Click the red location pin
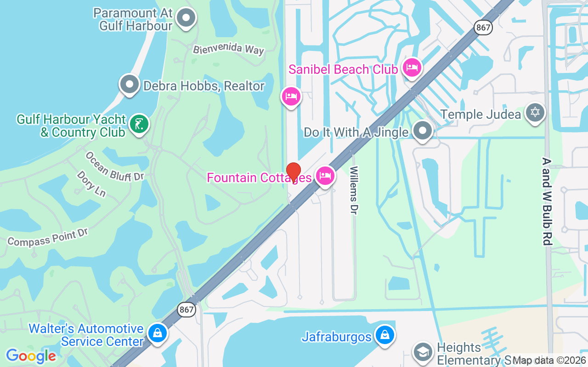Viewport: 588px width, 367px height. coord(294,172)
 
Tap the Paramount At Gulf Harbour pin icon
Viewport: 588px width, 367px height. coord(186,18)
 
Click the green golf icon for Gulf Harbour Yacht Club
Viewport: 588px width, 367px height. coord(139,124)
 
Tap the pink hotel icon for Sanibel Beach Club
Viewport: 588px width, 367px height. coord(412,68)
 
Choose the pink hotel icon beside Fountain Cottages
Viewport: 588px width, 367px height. coord(325,176)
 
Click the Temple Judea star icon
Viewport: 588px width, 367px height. coord(535,112)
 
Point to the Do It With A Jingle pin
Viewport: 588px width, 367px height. coord(422,131)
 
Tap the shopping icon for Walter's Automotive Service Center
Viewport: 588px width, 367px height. coord(158,334)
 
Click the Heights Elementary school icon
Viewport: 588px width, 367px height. coord(422,352)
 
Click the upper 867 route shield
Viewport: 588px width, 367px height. coord(484,28)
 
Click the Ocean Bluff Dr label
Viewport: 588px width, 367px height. coord(114,167)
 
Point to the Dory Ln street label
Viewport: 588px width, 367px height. coord(91,184)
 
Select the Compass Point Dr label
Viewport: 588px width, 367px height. coord(48,236)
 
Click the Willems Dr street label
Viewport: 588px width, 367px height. coord(354,189)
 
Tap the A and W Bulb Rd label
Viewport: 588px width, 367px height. coord(547,201)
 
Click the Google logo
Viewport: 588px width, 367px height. coord(31,356)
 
